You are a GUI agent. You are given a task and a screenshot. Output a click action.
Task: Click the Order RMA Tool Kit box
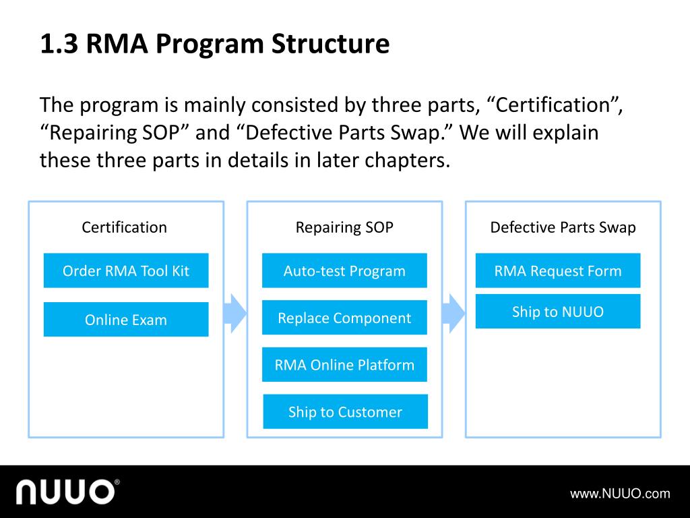(126, 271)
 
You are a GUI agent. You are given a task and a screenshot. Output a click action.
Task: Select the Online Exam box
(126, 320)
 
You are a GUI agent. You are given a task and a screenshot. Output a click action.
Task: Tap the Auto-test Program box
(344, 271)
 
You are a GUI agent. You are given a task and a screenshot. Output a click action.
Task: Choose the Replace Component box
(344, 318)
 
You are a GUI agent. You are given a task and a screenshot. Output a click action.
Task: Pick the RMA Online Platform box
(344, 365)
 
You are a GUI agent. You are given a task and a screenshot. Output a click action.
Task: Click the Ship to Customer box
(345, 412)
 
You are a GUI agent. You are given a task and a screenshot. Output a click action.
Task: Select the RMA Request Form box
(558, 271)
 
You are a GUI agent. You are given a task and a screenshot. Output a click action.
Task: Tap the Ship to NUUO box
(558, 312)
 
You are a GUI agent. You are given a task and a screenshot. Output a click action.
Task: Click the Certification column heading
(125, 227)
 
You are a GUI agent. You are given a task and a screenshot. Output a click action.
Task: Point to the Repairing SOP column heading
(344, 227)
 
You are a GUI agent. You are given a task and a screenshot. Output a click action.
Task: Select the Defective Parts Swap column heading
(563, 227)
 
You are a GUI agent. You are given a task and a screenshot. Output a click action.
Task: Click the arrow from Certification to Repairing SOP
(235, 313)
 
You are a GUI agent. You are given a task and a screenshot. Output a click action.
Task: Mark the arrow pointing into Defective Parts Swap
(453, 313)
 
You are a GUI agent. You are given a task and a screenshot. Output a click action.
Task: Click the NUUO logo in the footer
(68, 492)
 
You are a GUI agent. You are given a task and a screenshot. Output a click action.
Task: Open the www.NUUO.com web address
(620, 494)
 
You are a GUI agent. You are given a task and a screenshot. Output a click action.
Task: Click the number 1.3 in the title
(59, 45)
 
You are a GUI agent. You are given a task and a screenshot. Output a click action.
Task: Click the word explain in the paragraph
(565, 132)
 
